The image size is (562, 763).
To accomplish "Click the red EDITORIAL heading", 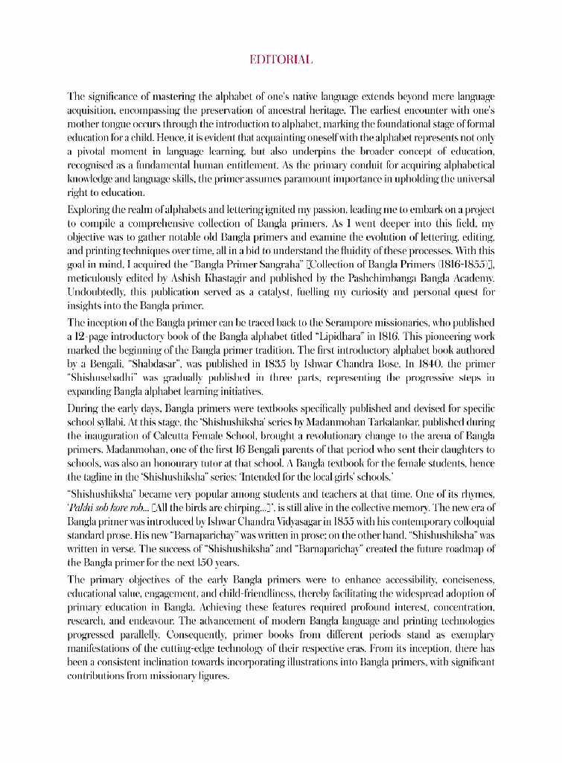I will (x=281, y=60).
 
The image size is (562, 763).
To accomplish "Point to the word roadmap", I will (x=465, y=549).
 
